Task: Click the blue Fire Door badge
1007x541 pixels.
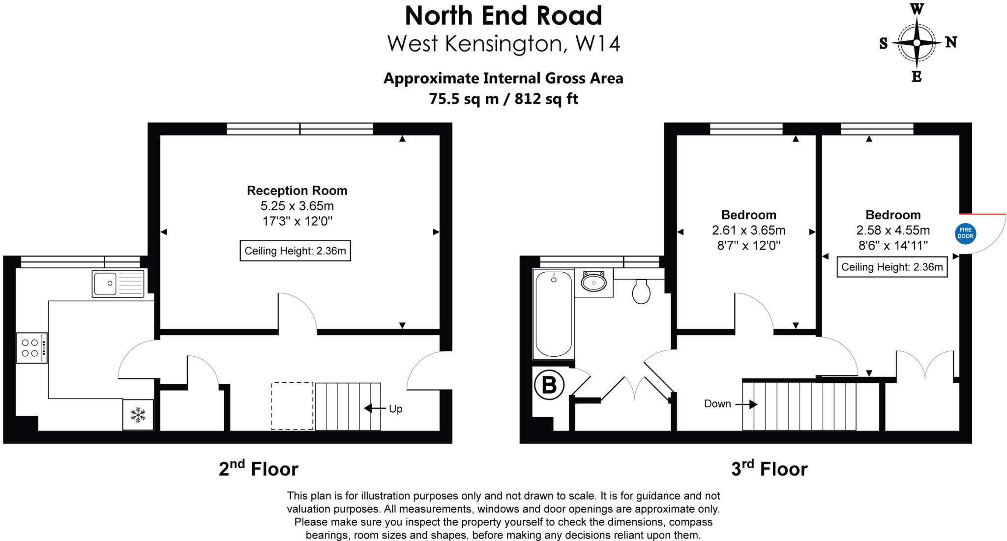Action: click(965, 233)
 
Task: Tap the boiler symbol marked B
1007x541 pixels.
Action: click(549, 384)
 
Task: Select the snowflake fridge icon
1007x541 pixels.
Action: click(138, 415)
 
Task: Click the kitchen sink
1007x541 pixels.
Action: click(118, 284)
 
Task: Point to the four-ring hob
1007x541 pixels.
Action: click(31, 347)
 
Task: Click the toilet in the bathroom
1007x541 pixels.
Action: click(641, 292)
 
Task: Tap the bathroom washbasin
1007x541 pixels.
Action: click(594, 283)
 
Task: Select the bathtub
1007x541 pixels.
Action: click(554, 313)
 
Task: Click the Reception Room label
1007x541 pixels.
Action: click(297, 191)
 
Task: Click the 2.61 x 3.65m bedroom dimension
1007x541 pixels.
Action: click(748, 230)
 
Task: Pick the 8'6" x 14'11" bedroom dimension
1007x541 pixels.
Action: click(893, 245)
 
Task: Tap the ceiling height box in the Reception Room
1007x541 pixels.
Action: click(295, 251)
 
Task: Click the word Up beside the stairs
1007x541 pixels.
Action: click(395, 409)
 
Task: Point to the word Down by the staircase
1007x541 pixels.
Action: click(717, 404)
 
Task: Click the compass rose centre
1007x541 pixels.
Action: click(917, 43)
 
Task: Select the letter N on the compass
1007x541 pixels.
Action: click(951, 43)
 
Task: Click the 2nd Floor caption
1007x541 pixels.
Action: click(258, 469)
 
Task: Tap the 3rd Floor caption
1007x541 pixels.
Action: click(769, 469)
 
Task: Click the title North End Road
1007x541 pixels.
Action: click(503, 16)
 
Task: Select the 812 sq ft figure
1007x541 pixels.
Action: click(546, 99)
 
